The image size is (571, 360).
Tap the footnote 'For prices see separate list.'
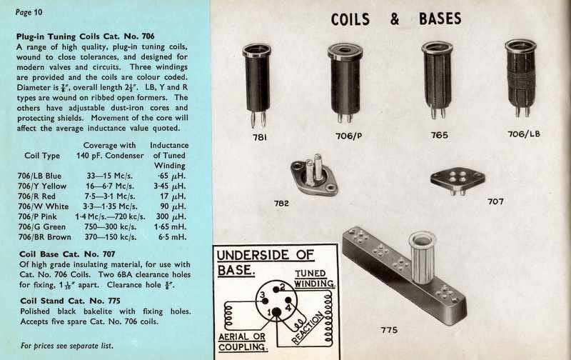tap(67, 346)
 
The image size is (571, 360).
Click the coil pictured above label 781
tap(257, 82)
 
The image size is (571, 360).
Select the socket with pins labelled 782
tap(310, 175)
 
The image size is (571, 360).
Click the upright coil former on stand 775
tap(423, 256)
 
